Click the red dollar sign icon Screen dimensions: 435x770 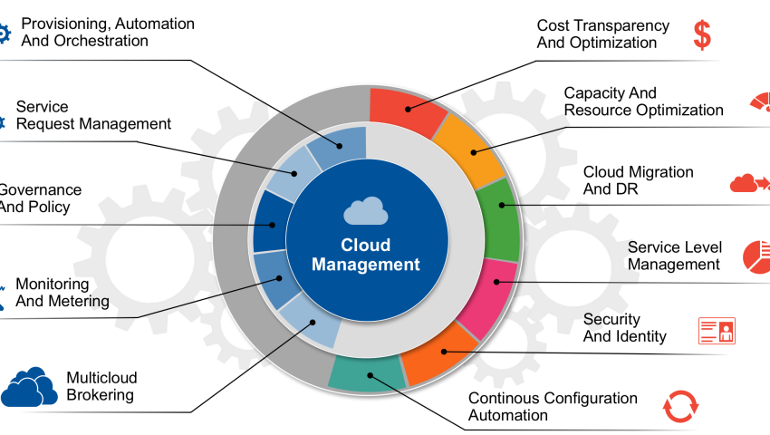pyautogui.click(x=702, y=34)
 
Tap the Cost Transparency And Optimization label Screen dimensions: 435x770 pyautogui.click(x=602, y=34)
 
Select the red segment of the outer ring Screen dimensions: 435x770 pyautogui.click(x=401, y=107)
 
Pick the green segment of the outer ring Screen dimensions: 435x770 pyautogui.click(x=502, y=217)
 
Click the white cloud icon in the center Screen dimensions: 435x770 pyautogui.click(x=366, y=212)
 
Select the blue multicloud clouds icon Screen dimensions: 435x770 pyautogui.click(x=29, y=387)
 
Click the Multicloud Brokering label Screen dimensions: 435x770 pyautogui.click(x=100, y=386)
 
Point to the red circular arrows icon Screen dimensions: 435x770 pyautogui.click(x=680, y=406)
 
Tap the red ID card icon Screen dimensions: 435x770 pyautogui.click(x=717, y=330)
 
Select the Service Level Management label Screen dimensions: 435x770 pyautogui.click(x=674, y=256)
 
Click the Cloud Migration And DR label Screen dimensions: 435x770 pyautogui.click(x=638, y=180)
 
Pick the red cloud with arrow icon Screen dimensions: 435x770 pyautogui.click(x=749, y=184)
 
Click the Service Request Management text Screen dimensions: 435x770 pyautogui.click(x=93, y=115)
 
